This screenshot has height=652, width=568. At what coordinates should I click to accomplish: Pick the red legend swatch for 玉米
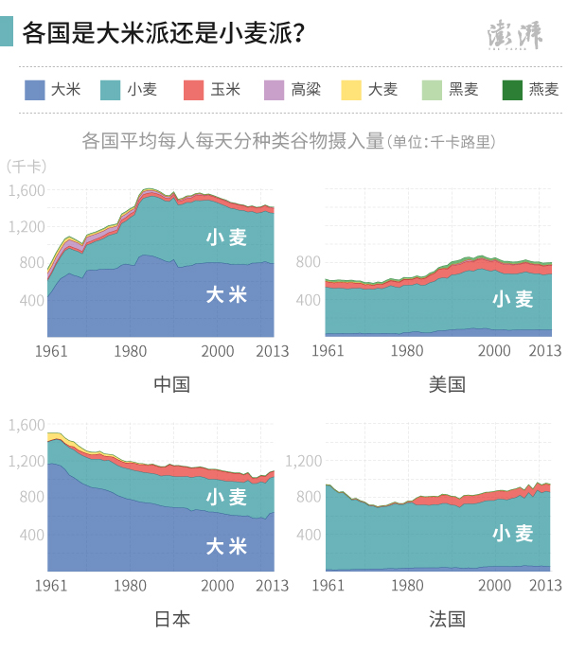click(x=193, y=91)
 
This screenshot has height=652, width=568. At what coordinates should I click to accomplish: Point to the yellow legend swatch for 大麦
click(x=350, y=91)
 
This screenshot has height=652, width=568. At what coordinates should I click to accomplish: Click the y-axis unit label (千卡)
click(x=26, y=166)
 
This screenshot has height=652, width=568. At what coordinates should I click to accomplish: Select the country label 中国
click(x=172, y=383)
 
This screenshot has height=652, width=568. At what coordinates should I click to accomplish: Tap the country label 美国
click(x=447, y=383)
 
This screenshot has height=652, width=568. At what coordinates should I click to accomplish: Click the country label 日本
click(x=172, y=619)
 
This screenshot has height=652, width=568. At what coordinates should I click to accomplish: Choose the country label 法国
click(x=447, y=619)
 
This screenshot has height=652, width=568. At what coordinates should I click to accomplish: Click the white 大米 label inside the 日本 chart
click(x=226, y=546)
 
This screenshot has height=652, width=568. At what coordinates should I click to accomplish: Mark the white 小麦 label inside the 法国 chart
click(x=512, y=534)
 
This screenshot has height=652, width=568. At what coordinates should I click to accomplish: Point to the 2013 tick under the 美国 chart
click(x=544, y=350)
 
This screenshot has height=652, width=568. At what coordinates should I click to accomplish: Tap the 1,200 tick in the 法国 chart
click(x=305, y=461)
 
